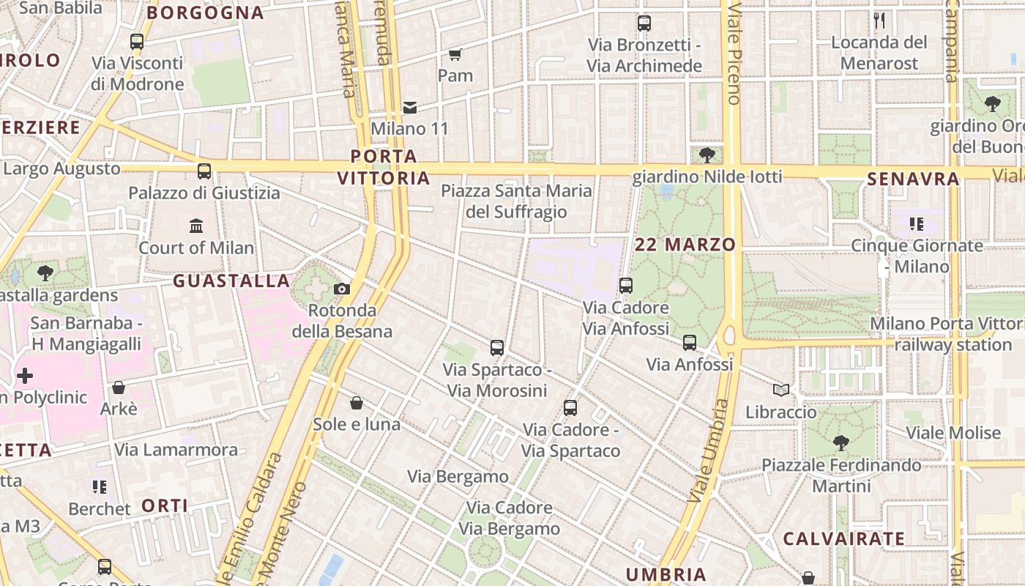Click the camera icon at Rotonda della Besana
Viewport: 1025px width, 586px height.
click(x=342, y=289)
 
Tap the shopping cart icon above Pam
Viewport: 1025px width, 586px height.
click(x=455, y=54)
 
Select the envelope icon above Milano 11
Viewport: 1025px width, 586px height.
click(x=410, y=108)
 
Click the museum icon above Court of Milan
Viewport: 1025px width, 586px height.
click(x=196, y=226)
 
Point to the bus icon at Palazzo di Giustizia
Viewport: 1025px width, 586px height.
click(x=204, y=171)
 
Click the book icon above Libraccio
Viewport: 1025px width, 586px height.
click(x=781, y=390)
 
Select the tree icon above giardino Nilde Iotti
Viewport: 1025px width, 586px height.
click(x=707, y=155)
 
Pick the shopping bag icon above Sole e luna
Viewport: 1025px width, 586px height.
click(x=357, y=403)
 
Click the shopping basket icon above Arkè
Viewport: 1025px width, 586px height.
click(x=119, y=387)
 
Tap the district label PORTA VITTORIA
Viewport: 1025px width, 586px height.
click(x=384, y=167)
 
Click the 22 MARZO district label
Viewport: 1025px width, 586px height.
click(x=685, y=245)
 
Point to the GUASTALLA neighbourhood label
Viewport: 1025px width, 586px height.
click(x=231, y=281)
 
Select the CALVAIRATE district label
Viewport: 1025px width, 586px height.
click(x=844, y=539)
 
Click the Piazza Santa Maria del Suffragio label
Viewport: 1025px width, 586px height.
click(x=516, y=201)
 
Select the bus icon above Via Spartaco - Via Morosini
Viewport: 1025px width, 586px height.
click(x=497, y=348)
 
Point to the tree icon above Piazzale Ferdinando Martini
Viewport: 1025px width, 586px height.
click(x=841, y=443)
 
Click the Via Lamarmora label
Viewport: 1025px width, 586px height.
click(x=176, y=450)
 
